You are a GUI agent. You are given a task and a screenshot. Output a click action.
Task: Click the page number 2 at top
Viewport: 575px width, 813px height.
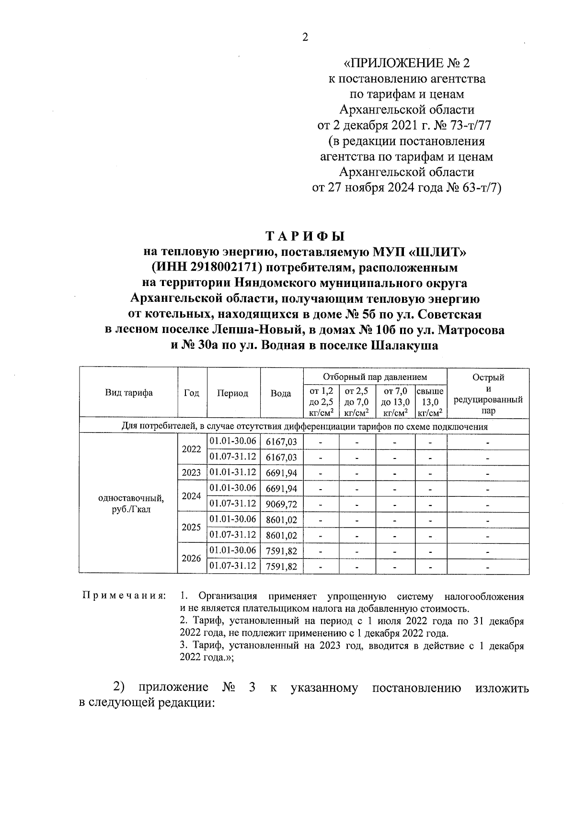(305, 38)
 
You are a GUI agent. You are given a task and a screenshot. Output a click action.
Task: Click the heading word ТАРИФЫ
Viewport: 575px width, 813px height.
(305, 236)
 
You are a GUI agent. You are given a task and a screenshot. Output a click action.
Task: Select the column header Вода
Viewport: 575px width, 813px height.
(281, 393)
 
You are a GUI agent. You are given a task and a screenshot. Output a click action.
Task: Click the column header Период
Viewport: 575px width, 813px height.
(233, 393)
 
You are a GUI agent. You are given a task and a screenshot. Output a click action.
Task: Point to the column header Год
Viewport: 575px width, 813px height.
(192, 393)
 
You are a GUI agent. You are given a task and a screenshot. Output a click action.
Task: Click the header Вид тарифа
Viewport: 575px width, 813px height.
(128, 393)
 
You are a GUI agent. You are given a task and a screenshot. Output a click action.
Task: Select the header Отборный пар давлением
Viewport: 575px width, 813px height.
(375, 377)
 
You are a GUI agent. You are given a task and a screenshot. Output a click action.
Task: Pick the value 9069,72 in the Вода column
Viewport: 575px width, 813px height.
(281, 504)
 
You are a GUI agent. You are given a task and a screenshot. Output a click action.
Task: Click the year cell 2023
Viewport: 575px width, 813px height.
(192, 473)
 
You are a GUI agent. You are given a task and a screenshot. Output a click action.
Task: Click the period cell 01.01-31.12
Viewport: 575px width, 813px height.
(233, 472)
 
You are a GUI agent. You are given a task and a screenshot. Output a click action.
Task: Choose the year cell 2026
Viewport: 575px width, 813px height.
(192, 559)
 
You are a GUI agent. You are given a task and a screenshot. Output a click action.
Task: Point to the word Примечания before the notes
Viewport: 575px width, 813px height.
(125, 596)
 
